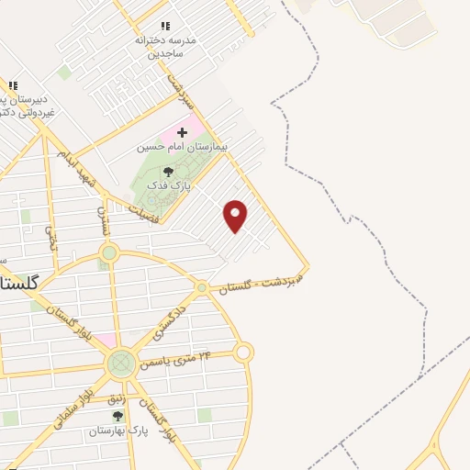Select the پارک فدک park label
point(167,185)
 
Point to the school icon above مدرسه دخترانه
point(165,27)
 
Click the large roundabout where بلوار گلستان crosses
point(119,364)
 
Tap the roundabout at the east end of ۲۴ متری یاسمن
point(243,352)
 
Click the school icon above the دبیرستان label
point(13,84)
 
